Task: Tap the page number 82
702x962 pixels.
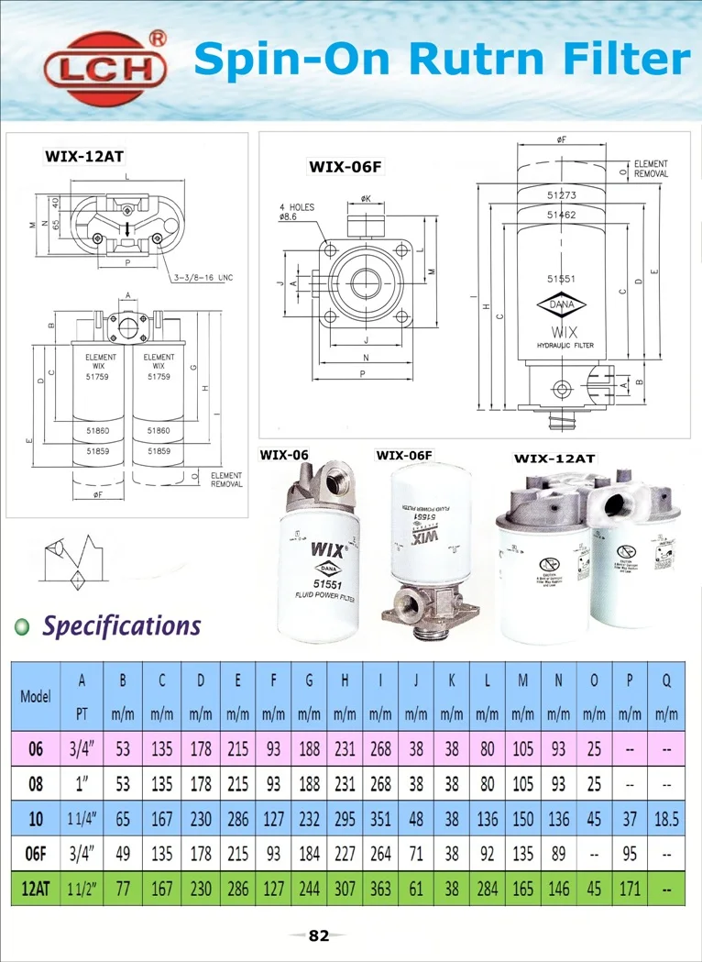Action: (318, 935)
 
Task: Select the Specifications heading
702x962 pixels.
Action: (122, 626)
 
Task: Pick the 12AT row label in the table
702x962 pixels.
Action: (36, 888)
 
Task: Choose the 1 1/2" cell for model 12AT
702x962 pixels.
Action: (82, 888)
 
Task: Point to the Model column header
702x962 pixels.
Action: (36, 695)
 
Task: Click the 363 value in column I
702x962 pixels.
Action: (380, 888)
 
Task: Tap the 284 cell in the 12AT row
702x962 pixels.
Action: (488, 888)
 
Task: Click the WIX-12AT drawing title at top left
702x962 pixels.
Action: (84, 156)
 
